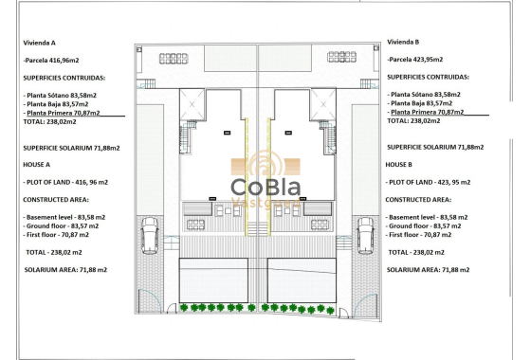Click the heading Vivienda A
[39, 43]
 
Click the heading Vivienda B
[404, 42]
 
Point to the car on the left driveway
[149, 233]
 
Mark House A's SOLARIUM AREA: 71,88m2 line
[65, 270]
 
